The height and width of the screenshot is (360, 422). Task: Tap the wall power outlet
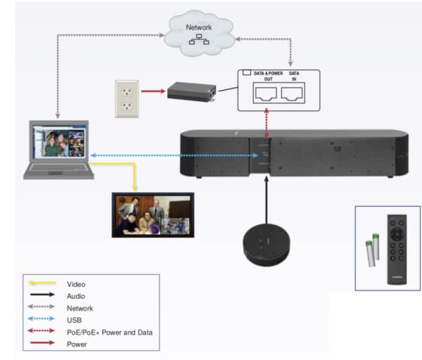tap(127, 96)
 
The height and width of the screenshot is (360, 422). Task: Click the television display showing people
tap(152, 215)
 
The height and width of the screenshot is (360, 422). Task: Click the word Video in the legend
tap(76, 283)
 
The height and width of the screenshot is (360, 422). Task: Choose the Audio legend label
tap(76, 296)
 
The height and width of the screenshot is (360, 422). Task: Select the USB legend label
tap(74, 320)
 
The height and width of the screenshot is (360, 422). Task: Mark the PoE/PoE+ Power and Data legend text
tap(109, 332)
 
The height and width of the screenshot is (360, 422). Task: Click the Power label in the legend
tap(77, 344)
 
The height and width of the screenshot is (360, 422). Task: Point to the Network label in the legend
tap(79, 308)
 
